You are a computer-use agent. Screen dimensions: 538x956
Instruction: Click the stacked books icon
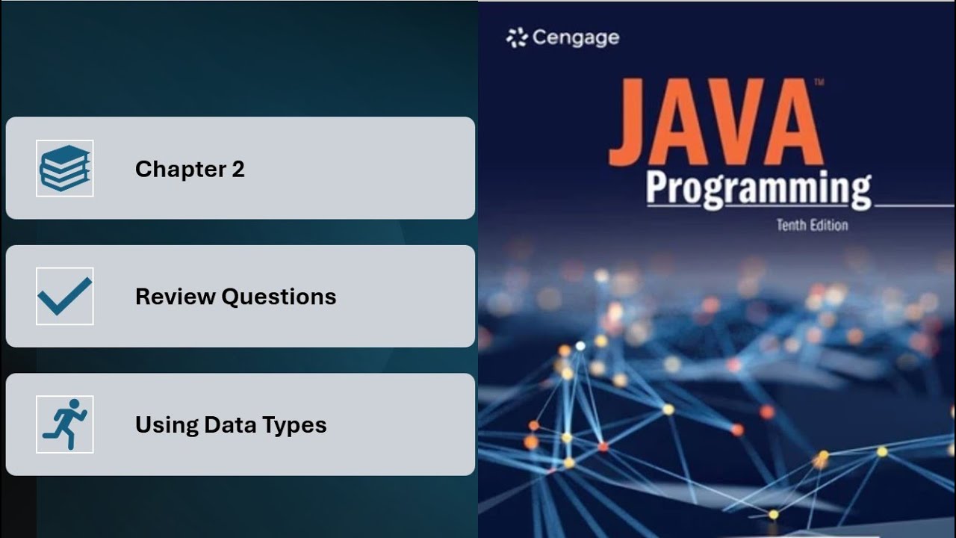pos(64,168)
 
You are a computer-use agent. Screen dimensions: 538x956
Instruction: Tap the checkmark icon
pos(64,296)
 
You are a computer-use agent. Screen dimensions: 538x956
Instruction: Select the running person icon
pos(64,424)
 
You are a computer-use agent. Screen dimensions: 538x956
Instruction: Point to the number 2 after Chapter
pos(238,170)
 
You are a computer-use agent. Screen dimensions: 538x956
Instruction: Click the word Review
pos(175,297)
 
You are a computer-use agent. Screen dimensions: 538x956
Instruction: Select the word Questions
pos(279,297)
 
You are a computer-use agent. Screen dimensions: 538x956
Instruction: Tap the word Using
pos(158,424)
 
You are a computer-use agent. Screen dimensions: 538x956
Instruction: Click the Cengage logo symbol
pos(517,37)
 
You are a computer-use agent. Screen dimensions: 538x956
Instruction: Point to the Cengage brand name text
pos(576,37)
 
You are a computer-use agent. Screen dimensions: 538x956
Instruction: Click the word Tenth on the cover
pos(792,224)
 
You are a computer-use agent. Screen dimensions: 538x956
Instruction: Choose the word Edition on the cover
pos(831,224)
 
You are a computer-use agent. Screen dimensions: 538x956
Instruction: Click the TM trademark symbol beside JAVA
pos(819,82)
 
